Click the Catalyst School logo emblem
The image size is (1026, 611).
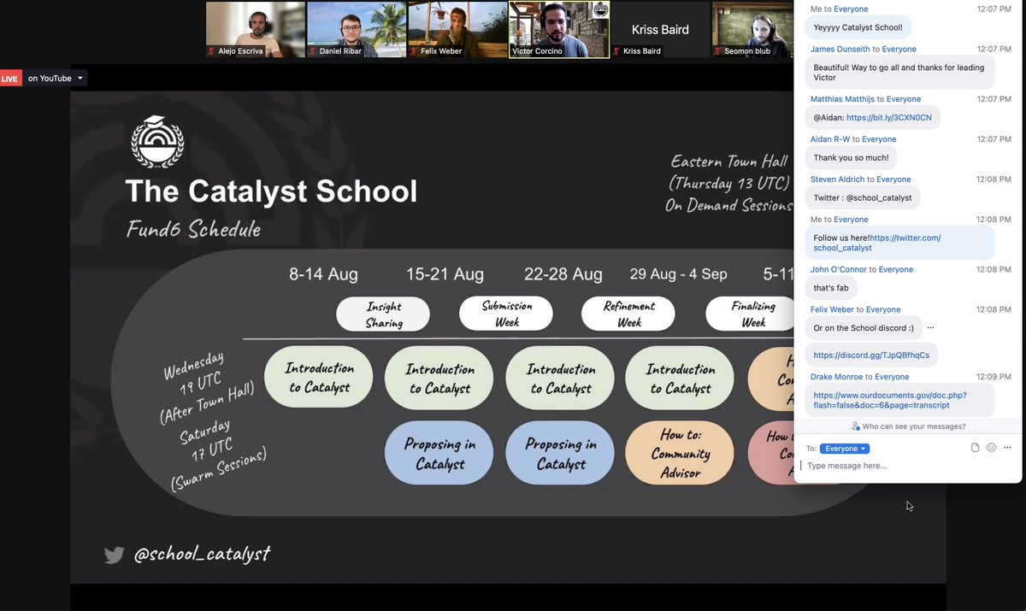pos(158,142)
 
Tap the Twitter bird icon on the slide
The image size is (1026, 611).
pos(114,555)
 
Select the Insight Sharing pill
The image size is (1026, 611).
pos(384,314)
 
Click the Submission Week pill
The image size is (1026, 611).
pos(507,314)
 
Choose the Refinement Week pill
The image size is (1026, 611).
pos(629,314)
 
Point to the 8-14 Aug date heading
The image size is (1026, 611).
pos(323,274)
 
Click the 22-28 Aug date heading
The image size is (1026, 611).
pos(563,274)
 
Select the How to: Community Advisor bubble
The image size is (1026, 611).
pos(681,453)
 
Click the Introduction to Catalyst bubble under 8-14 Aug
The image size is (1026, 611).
pos(319,377)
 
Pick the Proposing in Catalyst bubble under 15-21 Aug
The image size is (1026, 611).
pos(439,454)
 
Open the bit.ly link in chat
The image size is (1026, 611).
pos(889,117)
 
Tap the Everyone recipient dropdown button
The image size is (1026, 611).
pos(844,449)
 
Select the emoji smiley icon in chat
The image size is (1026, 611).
pos(992,448)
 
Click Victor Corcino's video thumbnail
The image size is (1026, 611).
pos(559,29)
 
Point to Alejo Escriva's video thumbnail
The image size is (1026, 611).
pos(256,29)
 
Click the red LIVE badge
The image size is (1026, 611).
pos(10,79)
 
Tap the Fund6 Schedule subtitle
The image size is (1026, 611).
pos(193,229)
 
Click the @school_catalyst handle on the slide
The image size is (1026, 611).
pos(202,555)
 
